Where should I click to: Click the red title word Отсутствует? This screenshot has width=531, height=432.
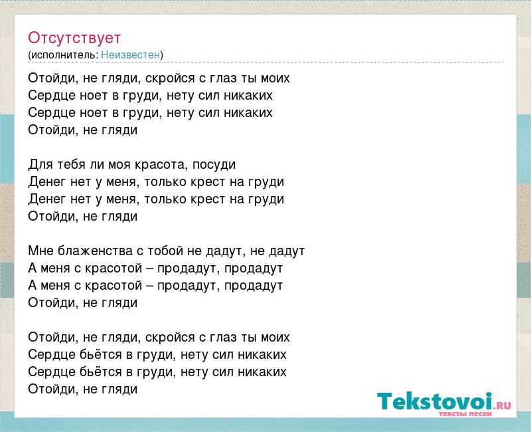[74, 38]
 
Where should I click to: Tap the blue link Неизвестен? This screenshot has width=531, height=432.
[130, 54]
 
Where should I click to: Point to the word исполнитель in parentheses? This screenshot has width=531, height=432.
[63, 55]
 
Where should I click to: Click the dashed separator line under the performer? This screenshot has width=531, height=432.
[266, 62]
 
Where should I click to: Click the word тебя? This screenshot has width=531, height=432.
[71, 164]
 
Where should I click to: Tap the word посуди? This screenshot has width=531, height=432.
[214, 165]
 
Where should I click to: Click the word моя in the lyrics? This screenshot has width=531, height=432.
[119, 165]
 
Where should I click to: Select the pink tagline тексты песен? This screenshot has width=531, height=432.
[465, 413]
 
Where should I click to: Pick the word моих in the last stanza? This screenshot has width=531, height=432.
[275, 338]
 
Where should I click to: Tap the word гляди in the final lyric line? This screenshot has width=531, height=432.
[119, 389]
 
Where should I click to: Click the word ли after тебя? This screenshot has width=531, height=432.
[97, 165]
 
